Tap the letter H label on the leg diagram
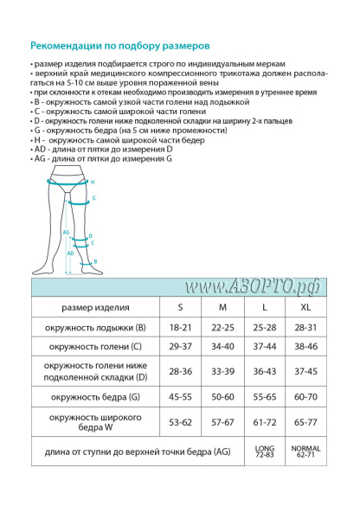click(93, 183)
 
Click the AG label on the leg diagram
click(67, 232)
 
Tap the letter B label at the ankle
click(94, 261)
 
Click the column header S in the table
click(180, 307)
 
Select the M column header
click(222, 307)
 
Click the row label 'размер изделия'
click(95, 307)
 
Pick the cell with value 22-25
click(222, 328)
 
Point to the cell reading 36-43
click(263, 371)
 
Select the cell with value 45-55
click(180, 397)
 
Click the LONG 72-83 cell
click(263, 452)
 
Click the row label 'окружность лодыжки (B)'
click(95, 328)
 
